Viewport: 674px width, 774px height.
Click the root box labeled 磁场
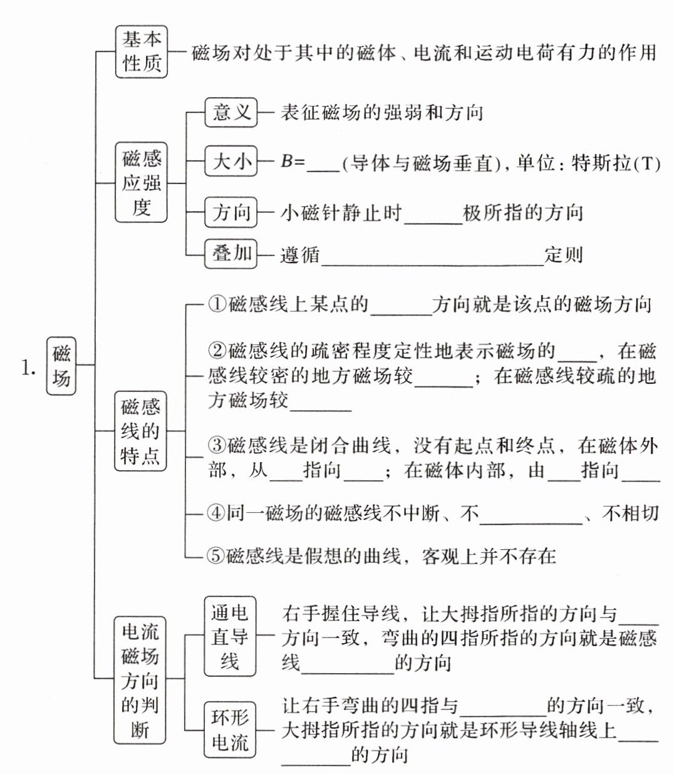pos(61,366)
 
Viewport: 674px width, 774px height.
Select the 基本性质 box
pos(142,51)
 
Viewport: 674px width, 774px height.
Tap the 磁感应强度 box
pos(142,182)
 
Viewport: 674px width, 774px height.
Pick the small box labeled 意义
pos(231,113)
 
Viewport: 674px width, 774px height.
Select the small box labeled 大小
pos(231,162)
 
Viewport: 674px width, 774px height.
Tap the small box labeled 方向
pos(231,213)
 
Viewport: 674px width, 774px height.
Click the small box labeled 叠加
pos(231,254)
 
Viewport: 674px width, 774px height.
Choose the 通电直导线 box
pos(230,637)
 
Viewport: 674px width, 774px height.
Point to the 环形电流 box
pos(230,729)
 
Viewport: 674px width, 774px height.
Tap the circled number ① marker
pos(217,304)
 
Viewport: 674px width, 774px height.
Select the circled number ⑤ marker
pos(215,555)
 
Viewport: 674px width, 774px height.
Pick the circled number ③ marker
pos(217,446)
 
